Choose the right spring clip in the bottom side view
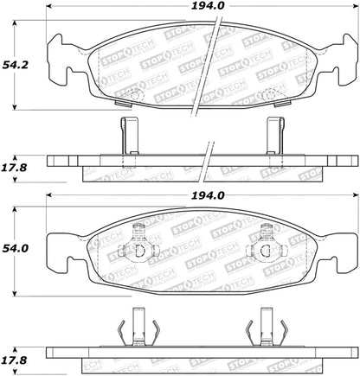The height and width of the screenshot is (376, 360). tap(264, 329)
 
